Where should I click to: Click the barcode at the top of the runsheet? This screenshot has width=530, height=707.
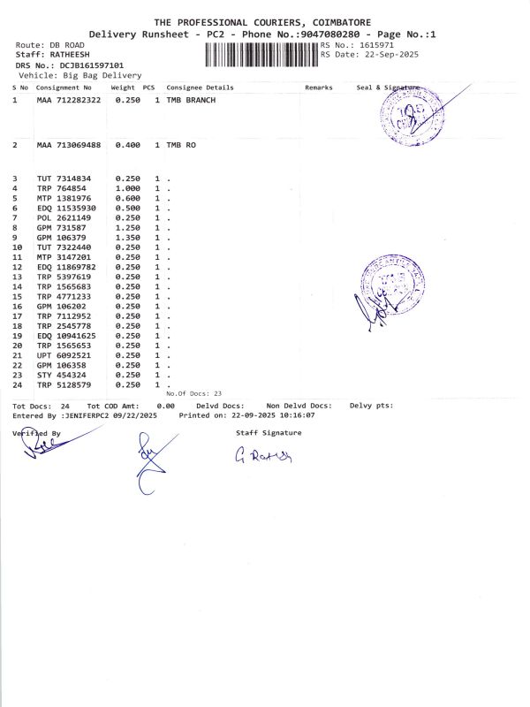pyautogui.click(x=261, y=54)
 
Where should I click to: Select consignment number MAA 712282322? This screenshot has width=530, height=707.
pyautogui.click(x=69, y=101)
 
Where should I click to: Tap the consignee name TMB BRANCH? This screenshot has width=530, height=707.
pyautogui.click(x=191, y=101)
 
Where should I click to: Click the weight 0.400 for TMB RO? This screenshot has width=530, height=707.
pyautogui.click(x=128, y=144)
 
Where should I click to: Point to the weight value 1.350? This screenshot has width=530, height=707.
pyautogui.click(x=128, y=237)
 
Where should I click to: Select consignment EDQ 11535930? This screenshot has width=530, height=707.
pyautogui.click(x=66, y=208)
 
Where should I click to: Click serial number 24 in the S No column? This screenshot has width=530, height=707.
pyautogui.click(x=16, y=384)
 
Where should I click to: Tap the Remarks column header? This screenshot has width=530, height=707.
pyautogui.click(x=318, y=88)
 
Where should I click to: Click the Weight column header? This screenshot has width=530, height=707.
pyautogui.click(x=123, y=88)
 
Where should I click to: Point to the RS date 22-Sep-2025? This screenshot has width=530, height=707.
pyautogui.click(x=392, y=54)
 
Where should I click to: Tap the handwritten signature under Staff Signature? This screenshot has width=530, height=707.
pyautogui.click(x=262, y=455)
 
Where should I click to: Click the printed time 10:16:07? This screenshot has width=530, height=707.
pyautogui.click(x=298, y=414)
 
